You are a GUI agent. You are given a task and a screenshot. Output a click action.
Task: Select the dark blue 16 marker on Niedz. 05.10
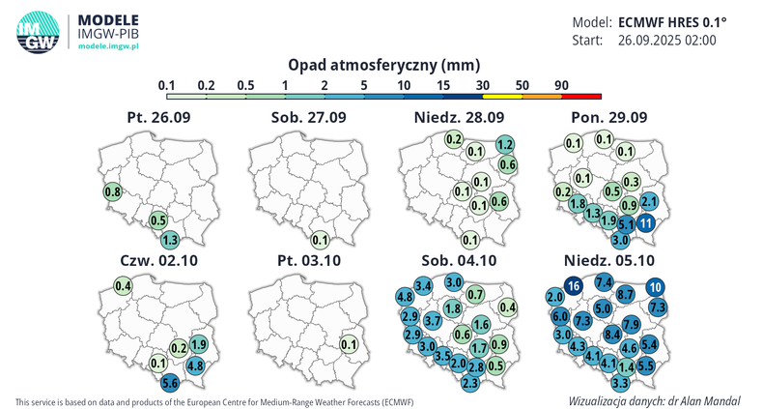[573, 286]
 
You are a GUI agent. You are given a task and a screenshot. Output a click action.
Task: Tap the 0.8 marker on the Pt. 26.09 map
[111, 191]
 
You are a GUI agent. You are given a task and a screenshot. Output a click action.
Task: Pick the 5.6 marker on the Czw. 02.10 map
[170, 383]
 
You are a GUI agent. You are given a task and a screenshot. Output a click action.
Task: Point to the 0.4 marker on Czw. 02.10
[123, 286]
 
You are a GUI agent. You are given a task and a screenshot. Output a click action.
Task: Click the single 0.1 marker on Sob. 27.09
[321, 240]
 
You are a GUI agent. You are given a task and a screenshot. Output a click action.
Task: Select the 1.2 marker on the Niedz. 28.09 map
[503, 144]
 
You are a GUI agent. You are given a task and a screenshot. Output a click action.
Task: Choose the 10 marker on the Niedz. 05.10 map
[655, 286]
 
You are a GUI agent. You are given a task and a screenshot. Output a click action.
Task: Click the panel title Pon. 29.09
[610, 117]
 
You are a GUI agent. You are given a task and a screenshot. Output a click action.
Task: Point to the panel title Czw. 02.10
[158, 261]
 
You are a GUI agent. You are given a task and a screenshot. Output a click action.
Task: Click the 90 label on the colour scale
[560, 85]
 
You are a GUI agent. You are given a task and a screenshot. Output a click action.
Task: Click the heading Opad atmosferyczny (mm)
[383, 65]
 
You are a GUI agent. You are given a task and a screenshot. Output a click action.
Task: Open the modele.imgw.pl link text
[109, 45]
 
